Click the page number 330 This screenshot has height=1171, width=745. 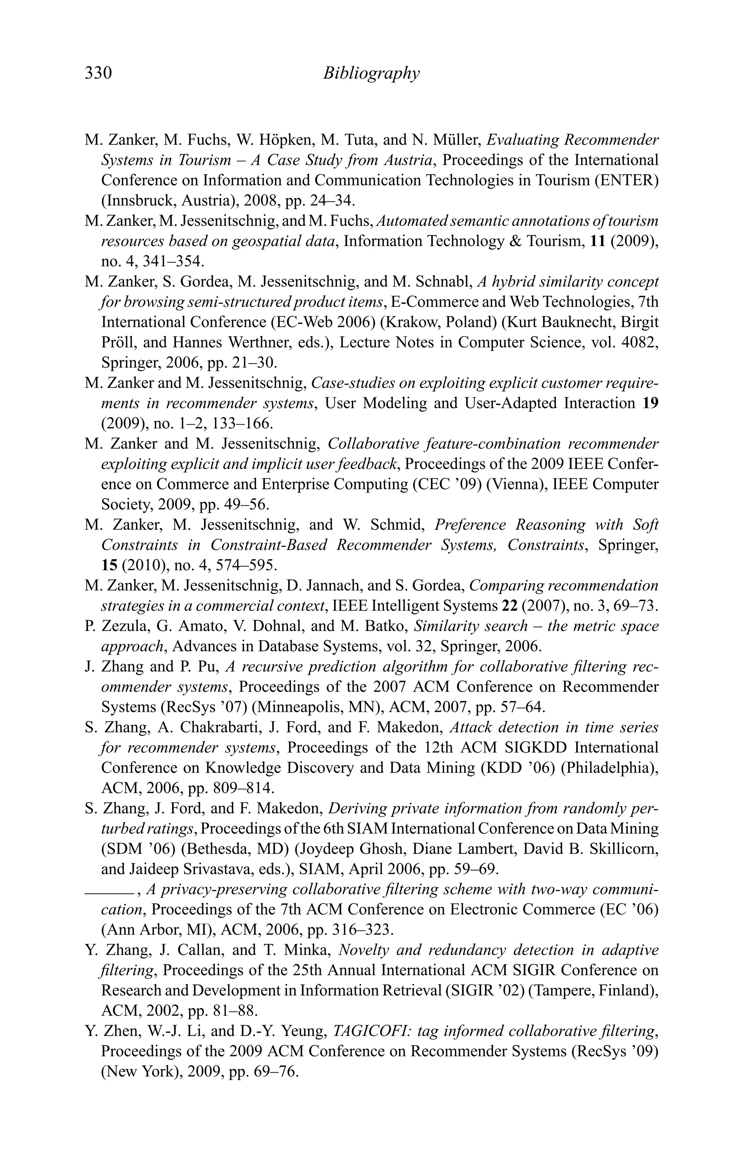tap(98, 73)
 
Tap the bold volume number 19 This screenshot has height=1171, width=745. tap(650, 404)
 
